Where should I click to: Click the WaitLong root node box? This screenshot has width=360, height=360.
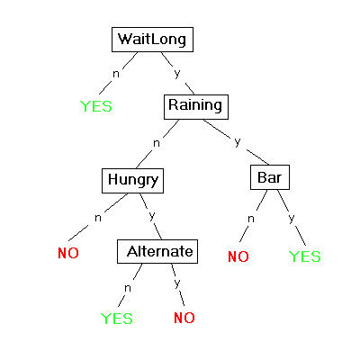click(x=152, y=40)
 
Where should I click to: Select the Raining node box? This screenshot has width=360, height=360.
click(x=196, y=107)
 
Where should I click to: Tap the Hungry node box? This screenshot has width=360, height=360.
click(x=132, y=181)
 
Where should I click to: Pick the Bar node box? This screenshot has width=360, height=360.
click(x=270, y=177)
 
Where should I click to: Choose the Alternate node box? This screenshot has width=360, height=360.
click(x=157, y=251)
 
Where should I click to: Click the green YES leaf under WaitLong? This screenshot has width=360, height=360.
click(x=96, y=106)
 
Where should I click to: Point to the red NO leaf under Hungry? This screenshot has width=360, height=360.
click(x=68, y=253)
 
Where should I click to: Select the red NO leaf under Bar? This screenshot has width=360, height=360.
click(x=238, y=256)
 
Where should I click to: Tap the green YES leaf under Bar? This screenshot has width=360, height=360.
click(x=305, y=256)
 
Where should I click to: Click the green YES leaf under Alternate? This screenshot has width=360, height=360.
click(x=117, y=319)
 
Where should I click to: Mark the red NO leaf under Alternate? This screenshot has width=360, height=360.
click(x=184, y=318)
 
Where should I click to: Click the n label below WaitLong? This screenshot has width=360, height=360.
click(x=116, y=74)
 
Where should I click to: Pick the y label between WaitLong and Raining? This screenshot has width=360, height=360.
click(x=177, y=73)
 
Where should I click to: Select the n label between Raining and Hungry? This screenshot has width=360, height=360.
click(x=157, y=143)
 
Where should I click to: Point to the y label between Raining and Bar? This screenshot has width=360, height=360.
click(x=238, y=141)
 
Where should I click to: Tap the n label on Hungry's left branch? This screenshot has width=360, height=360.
click(x=98, y=218)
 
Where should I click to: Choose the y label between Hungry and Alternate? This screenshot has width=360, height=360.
click(x=152, y=216)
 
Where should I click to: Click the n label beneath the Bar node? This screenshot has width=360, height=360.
click(x=251, y=219)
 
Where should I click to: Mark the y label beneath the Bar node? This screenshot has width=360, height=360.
click(x=292, y=218)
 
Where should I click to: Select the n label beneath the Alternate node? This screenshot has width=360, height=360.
click(x=128, y=288)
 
